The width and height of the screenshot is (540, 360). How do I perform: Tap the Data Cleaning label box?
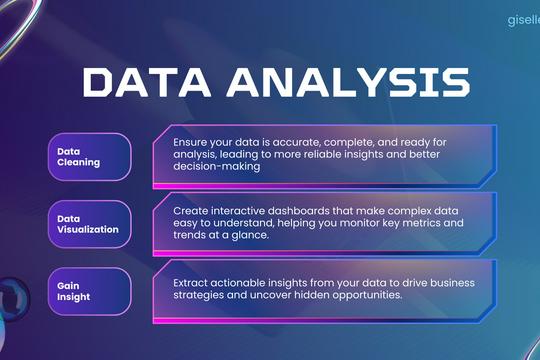90,156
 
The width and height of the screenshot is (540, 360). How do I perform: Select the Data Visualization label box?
90,223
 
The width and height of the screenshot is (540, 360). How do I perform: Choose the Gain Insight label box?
90,291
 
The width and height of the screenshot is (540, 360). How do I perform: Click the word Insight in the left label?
76,297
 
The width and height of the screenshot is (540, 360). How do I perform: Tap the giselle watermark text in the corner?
519,18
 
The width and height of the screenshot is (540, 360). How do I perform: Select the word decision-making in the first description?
216,168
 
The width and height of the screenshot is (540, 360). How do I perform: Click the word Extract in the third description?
192,284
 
